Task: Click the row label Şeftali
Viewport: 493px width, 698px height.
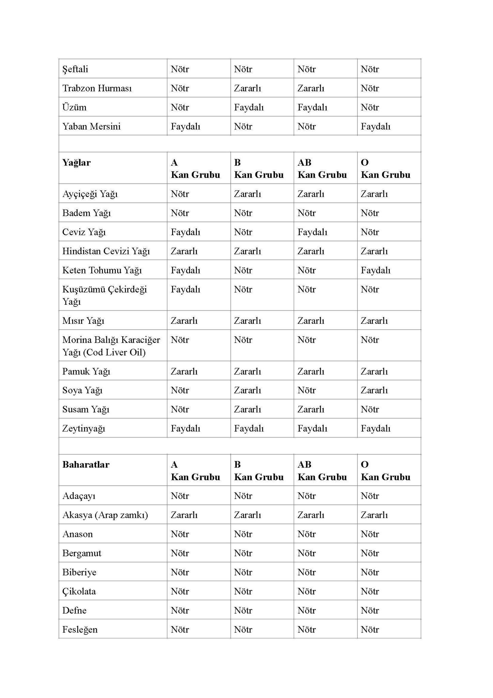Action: click(x=75, y=69)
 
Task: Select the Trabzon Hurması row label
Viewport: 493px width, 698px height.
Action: click(x=97, y=88)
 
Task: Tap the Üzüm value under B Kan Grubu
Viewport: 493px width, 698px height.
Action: click(x=249, y=107)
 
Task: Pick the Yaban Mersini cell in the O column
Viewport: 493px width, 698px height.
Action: click(x=375, y=126)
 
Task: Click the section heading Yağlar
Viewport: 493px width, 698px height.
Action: click(x=76, y=163)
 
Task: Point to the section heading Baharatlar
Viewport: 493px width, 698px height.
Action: click(x=86, y=465)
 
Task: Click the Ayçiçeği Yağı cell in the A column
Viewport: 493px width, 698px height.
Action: click(x=180, y=194)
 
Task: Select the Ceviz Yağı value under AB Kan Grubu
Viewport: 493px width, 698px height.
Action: click(x=312, y=232)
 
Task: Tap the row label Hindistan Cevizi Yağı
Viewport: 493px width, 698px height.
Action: click(x=106, y=251)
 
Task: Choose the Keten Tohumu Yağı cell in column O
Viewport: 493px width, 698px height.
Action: click(x=375, y=270)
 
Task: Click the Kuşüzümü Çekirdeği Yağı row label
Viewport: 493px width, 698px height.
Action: click(x=104, y=295)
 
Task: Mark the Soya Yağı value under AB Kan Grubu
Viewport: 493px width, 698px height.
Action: click(x=307, y=390)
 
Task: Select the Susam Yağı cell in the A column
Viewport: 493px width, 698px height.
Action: click(x=180, y=409)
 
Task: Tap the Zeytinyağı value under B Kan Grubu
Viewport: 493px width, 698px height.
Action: click(x=249, y=428)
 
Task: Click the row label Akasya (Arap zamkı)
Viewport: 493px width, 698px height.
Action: click(x=105, y=515)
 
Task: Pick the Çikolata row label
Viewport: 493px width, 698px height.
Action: click(x=79, y=591)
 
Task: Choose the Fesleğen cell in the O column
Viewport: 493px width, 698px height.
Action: click(x=370, y=629)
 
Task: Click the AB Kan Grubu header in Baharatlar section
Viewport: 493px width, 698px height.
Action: click(x=322, y=471)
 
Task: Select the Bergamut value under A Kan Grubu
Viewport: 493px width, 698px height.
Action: click(x=180, y=553)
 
